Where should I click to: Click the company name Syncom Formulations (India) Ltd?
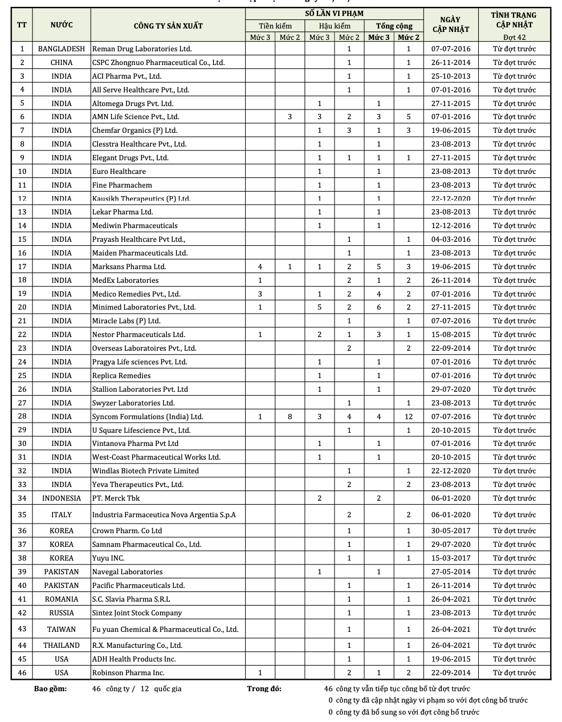[148, 416]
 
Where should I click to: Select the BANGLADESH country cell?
[62, 49]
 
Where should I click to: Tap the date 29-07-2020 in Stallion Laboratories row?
[451, 389]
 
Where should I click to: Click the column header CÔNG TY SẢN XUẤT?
[168, 26]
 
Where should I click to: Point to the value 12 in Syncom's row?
[409, 416]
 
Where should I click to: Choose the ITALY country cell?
[62, 514]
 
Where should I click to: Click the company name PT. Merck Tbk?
[116, 498]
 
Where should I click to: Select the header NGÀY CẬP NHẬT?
[451, 25]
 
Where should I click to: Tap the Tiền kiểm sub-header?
[275, 26]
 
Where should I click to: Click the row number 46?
[22, 672]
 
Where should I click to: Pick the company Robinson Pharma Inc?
[128, 672]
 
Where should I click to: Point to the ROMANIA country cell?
[62, 599]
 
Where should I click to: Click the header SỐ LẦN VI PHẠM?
[334, 14]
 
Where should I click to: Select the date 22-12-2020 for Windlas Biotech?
[451, 470]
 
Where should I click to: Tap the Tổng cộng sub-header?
[394, 26]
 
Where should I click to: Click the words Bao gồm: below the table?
[50, 688]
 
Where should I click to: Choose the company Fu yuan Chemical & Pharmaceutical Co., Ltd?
[165, 629]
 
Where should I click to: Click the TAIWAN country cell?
[62, 629]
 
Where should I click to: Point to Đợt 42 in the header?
[514, 38]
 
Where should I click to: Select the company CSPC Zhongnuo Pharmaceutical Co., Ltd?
[158, 63]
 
